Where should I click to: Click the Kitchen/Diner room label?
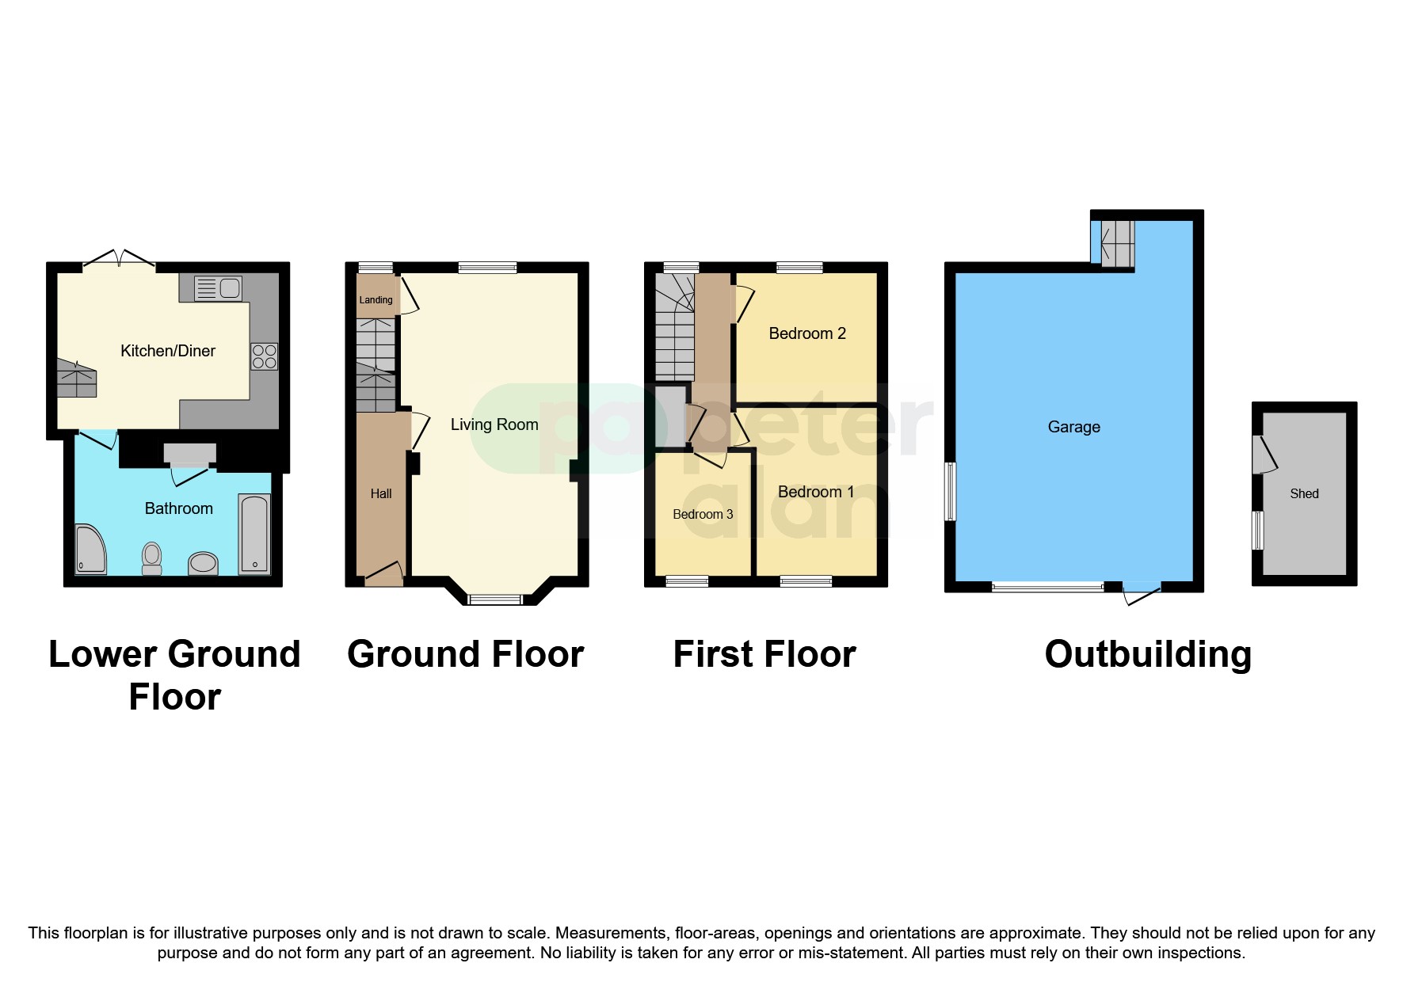(x=167, y=351)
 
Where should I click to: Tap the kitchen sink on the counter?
(x=219, y=288)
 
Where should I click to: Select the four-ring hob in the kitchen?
(x=265, y=356)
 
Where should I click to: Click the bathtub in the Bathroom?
(x=255, y=535)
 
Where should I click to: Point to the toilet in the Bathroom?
(x=151, y=558)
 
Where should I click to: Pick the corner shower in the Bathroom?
(x=90, y=549)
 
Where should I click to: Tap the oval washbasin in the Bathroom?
(x=203, y=563)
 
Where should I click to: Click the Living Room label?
(x=494, y=424)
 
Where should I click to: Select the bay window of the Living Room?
(x=495, y=599)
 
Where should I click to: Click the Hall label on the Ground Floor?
(x=381, y=493)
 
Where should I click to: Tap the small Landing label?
(x=376, y=300)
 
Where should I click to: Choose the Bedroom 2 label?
(x=807, y=333)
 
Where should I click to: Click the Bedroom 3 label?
(x=703, y=514)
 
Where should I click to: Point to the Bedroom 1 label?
(x=816, y=492)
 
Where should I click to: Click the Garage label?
(x=1073, y=427)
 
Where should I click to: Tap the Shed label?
(x=1304, y=493)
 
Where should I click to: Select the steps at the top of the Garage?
(x=1118, y=244)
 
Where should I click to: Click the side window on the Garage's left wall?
(x=951, y=491)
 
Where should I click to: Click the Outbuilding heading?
(x=1148, y=654)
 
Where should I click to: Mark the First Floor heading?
(x=764, y=654)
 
